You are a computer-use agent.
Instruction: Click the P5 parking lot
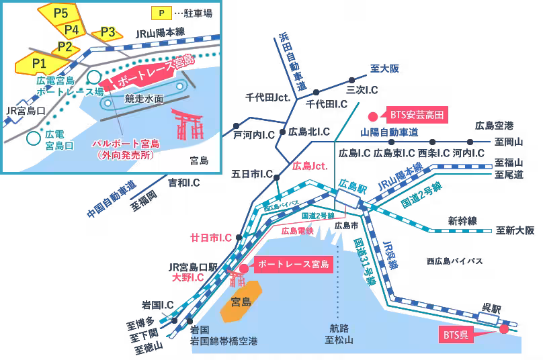(60, 11)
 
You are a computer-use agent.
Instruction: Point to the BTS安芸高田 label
(417, 115)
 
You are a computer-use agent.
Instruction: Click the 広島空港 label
(494, 126)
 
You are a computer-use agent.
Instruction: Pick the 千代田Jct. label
(267, 97)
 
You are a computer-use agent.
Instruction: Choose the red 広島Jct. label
(310, 165)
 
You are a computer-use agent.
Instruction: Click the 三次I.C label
(362, 89)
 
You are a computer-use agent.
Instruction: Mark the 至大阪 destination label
(385, 69)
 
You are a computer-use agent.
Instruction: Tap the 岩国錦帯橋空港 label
(224, 341)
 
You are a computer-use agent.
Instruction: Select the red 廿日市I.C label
(211, 238)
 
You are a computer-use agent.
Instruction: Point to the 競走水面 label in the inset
(144, 98)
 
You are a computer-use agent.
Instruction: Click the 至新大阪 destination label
(515, 230)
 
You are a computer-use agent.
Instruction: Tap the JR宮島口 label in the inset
(24, 110)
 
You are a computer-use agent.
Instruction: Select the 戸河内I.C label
(254, 135)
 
